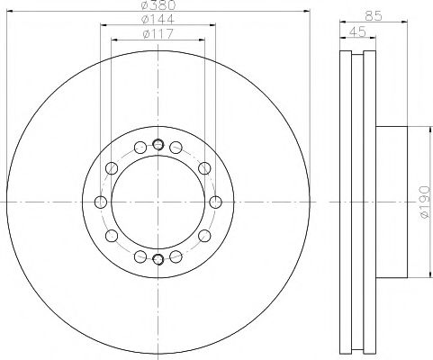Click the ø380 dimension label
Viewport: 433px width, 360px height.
click(x=158, y=4)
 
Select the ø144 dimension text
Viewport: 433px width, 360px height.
click(x=158, y=19)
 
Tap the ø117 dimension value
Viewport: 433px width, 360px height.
click(x=158, y=33)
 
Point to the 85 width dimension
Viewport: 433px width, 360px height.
click(x=374, y=15)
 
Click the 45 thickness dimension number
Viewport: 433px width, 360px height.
click(x=357, y=31)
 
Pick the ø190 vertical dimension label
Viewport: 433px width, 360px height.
click(x=425, y=202)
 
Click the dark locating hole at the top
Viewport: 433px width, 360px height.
click(x=158, y=145)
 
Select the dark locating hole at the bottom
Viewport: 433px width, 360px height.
click(x=158, y=258)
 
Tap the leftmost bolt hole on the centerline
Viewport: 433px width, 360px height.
click(x=101, y=202)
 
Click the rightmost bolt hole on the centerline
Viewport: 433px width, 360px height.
click(x=215, y=202)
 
